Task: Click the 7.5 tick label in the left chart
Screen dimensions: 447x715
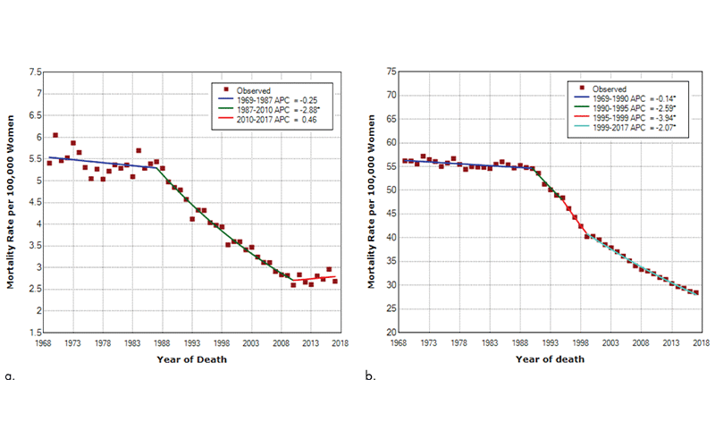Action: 33,72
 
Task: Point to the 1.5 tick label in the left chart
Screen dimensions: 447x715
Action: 33,333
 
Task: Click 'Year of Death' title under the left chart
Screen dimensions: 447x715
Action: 191,360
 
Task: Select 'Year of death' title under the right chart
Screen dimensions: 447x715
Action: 549,360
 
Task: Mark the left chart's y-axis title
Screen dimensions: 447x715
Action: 13,201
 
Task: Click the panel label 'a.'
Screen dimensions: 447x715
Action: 11,376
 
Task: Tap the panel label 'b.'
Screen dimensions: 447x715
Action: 370,376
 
